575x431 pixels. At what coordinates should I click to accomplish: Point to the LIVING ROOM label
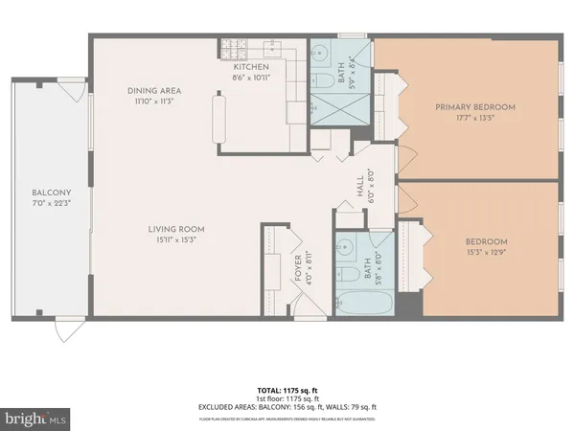[175, 229]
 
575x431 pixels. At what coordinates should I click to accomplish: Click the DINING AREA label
[154, 91]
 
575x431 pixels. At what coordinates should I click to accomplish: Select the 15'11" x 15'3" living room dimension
[175, 240]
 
